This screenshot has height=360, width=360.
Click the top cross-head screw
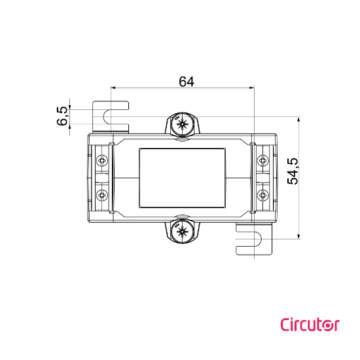click(181, 126)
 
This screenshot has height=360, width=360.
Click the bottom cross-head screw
click(181, 231)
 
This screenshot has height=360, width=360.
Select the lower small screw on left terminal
click(103, 195)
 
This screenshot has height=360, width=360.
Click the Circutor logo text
click(308, 324)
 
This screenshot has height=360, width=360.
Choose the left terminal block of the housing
click(103, 177)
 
